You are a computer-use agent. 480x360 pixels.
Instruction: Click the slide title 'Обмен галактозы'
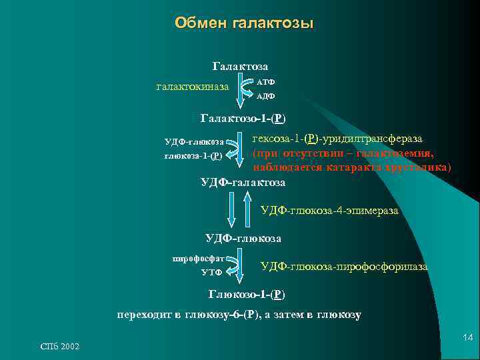click(244, 23)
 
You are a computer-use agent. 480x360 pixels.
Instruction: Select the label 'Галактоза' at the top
click(240, 67)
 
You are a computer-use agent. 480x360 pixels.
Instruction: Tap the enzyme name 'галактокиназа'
click(192, 87)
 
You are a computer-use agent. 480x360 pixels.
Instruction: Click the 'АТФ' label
click(266, 81)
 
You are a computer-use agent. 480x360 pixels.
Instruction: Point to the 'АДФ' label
click(266, 96)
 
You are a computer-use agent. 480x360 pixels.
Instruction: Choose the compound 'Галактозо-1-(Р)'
click(243, 119)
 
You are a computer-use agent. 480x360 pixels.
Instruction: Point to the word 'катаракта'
click(344, 167)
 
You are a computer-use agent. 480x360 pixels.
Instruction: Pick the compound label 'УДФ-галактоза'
click(243, 182)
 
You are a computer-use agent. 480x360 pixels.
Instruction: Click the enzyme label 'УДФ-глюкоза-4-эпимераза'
click(329, 211)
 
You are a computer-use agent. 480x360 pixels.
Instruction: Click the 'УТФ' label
click(211, 272)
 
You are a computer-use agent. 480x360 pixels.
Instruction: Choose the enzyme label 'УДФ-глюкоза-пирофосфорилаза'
click(344, 267)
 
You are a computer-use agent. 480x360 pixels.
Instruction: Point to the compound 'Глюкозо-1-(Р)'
click(250, 294)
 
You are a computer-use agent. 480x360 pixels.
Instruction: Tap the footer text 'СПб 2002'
click(60, 347)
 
